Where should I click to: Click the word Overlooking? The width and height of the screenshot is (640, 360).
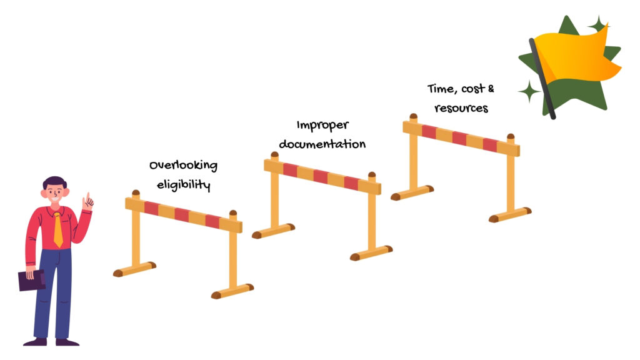pos(183,166)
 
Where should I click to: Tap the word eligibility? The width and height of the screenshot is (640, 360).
pos(183,185)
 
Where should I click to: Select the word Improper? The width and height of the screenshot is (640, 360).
pos(322,125)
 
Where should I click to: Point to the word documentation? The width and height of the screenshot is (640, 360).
pos(322,144)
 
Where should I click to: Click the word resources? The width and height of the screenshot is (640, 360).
pos(461,107)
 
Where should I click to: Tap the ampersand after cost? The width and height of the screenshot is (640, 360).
pos(491,89)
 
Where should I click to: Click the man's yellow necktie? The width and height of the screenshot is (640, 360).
pos(58,229)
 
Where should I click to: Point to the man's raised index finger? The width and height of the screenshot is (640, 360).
pos(87,197)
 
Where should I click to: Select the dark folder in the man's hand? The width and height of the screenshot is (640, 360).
pos(31,280)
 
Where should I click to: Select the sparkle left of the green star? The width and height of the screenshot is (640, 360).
pos(529,91)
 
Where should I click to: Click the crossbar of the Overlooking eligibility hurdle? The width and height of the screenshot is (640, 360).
pos(183,214)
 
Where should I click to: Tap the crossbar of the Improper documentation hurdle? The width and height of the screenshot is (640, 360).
pos(322,176)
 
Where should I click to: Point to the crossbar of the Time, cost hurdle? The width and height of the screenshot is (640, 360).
pos(461,139)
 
